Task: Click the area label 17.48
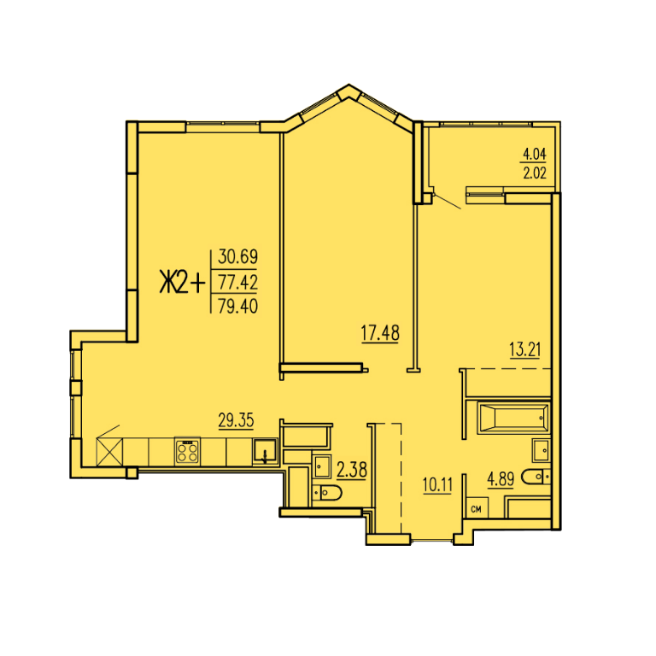380,333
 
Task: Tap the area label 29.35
236,420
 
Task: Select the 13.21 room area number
524,349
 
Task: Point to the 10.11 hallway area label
437,485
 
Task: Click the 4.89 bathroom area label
501,478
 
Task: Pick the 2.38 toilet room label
352,470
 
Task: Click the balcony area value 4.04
534,155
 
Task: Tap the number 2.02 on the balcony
534,173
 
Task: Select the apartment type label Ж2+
183,282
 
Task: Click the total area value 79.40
237,307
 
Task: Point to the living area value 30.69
237,256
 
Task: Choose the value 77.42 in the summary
237,282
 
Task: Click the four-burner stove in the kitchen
187,451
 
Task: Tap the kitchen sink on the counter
265,451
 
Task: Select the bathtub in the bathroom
513,418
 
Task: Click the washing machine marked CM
477,507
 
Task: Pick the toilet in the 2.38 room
327,493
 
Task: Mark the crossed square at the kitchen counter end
109,451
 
